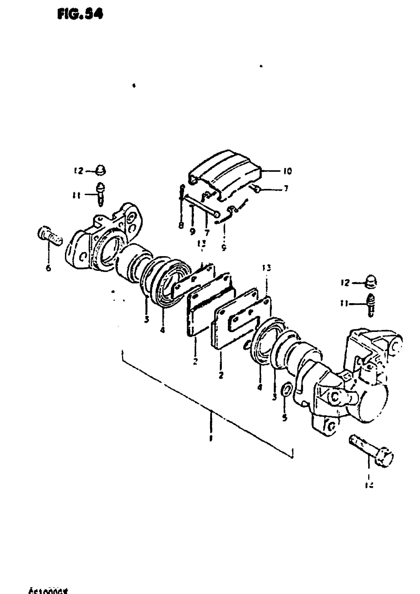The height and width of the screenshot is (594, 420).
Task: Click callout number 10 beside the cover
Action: pos(287,171)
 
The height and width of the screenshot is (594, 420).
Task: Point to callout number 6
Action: pos(48,268)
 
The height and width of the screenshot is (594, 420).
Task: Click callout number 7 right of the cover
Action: pos(286,189)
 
